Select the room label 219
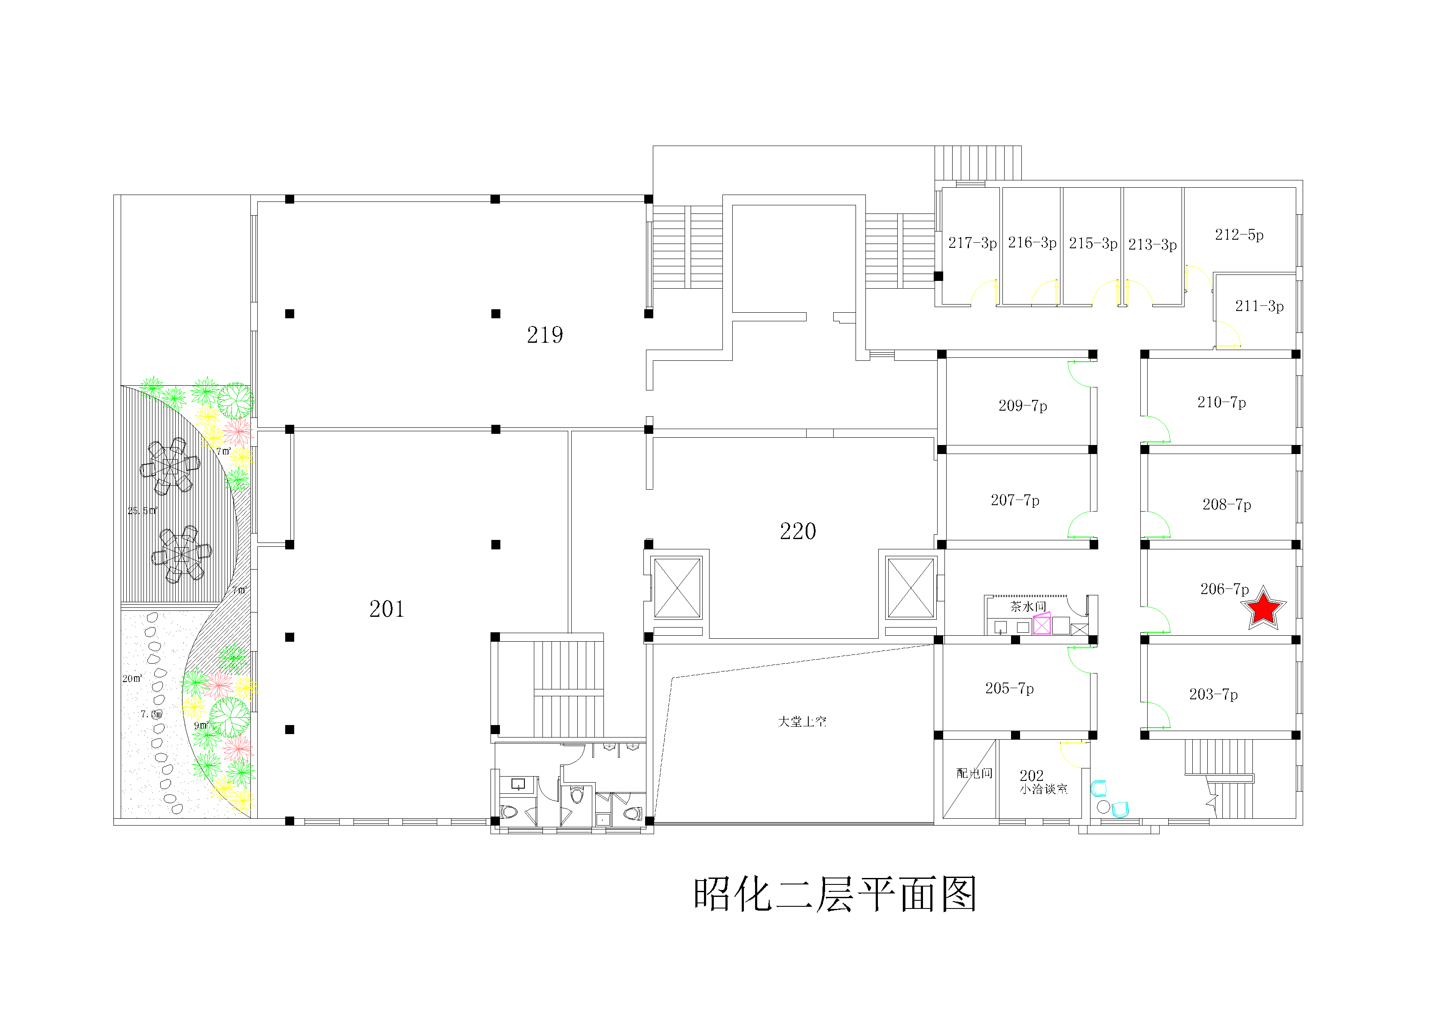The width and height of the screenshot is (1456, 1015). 545,335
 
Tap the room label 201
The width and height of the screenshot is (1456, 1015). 387,609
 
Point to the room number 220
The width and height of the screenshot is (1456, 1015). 798,531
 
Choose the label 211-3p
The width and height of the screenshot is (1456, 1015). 1259,306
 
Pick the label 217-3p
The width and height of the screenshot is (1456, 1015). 972,243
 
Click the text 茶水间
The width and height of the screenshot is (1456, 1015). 1028,607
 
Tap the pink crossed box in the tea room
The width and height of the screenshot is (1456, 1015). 1042,625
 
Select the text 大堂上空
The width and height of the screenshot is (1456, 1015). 802,722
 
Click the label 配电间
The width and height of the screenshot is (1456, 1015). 974,773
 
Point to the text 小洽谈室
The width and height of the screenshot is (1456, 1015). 1044,789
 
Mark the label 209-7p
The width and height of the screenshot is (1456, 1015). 1022,406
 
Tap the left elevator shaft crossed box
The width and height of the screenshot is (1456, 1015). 677,588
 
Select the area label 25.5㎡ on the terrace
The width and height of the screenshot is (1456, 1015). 142,511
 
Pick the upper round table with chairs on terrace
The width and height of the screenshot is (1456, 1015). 170,466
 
